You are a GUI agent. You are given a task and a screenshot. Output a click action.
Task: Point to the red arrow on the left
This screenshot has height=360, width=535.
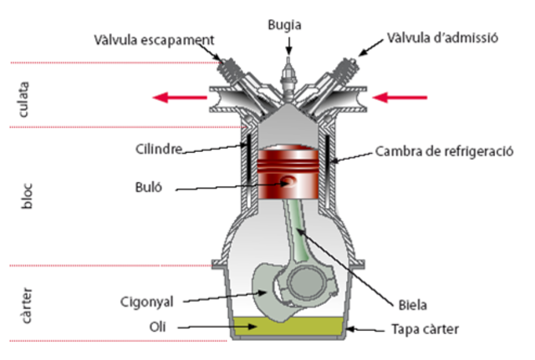(x=179, y=98)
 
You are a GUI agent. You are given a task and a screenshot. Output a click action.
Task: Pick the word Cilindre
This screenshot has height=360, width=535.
(x=158, y=150)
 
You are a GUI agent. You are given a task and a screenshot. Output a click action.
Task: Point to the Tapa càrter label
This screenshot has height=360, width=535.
(x=425, y=329)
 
